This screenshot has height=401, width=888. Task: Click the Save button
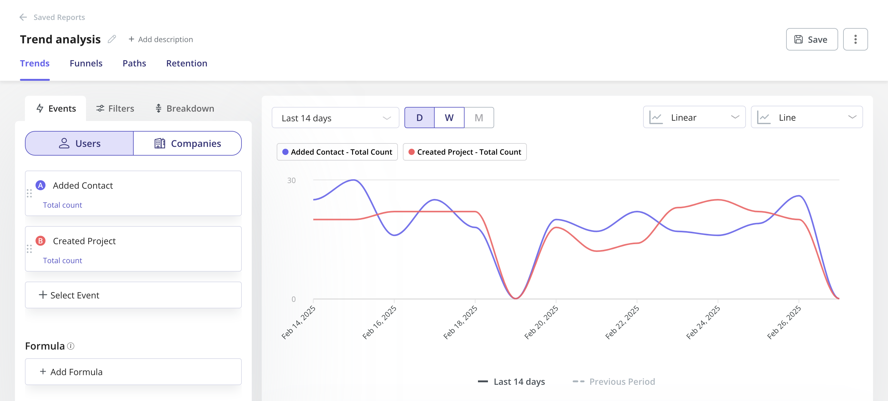point(811,39)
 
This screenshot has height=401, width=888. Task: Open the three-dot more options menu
point(855,39)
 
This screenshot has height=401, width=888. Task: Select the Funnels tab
point(86,63)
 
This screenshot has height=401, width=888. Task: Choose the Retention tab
point(187,63)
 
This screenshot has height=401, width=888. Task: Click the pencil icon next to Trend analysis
point(112,39)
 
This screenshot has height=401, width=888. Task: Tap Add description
point(161,39)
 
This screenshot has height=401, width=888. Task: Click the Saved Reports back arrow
point(23,17)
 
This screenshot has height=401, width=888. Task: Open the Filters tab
point(115,109)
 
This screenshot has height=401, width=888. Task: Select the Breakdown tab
point(185,109)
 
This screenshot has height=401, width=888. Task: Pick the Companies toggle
point(188,143)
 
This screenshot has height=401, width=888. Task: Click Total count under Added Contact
point(62,205)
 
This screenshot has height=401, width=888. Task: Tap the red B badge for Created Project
point(40,240)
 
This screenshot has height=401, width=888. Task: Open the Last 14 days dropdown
point(335,118)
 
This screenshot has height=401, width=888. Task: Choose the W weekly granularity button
point(449,118)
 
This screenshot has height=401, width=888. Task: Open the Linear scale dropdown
point(694,117)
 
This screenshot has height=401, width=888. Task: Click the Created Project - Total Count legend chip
point(464,152)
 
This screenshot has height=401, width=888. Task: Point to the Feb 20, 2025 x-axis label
point(541,322)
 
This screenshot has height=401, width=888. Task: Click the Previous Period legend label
point(622,381)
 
